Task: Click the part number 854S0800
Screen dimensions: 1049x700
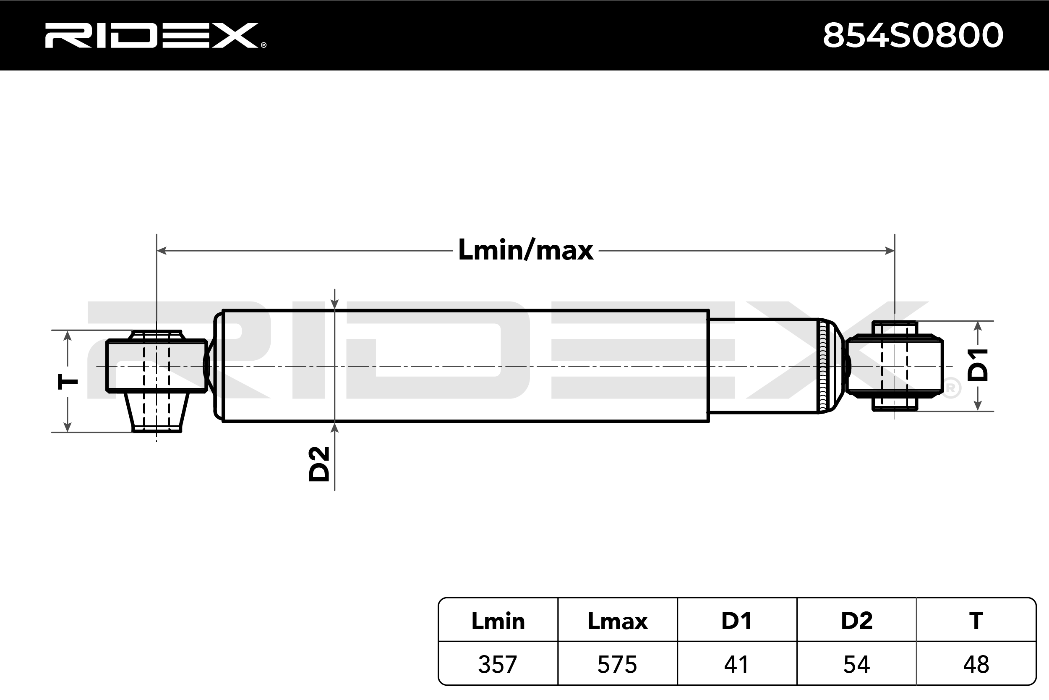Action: coord(913,35)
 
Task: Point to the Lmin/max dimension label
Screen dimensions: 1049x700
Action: coord(525,250)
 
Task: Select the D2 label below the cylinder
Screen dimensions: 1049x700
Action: coord(319,464)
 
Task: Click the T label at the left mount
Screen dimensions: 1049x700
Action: coord(68,382)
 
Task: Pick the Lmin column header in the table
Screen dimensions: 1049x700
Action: coord(498,621)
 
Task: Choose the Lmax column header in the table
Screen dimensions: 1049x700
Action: coord(617,621)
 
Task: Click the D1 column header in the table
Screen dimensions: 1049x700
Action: coord(737,621)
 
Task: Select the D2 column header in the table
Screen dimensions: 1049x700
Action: coord(856,621)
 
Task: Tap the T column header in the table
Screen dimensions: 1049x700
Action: coord(976,621)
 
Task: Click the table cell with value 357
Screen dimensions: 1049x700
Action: coord(498,664)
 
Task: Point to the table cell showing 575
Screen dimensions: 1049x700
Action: coord(617,664)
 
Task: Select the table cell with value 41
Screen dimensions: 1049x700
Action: coord(737,664)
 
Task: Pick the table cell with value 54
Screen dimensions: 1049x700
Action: coord(856,664)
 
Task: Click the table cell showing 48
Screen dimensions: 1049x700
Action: coord(976,664)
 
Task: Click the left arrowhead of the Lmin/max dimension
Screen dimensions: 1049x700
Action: coord(162,251)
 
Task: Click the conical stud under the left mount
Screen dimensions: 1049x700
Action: coord(157,412)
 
